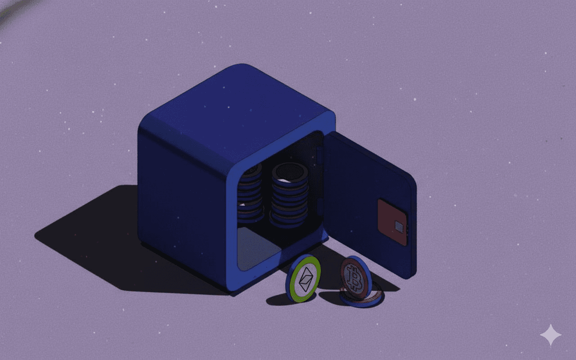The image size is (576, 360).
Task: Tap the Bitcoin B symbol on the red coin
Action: click(x=355, y=278)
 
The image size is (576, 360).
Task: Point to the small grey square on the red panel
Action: click(x=399, y=226)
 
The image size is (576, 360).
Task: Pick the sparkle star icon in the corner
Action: click(x=551, y=335)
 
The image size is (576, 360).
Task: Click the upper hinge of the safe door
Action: click(x=320, y=155)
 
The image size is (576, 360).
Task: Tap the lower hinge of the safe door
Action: click(x=320, y=207)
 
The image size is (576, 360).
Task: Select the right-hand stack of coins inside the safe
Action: click(x=290, y=196)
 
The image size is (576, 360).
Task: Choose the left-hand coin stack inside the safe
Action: click(x=250, y=193)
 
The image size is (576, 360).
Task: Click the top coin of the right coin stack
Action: click(x=290, y=172)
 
